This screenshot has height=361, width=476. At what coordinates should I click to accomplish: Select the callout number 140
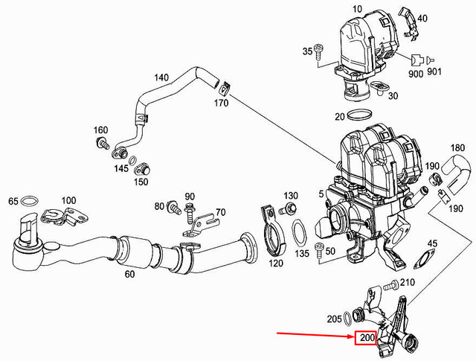tap(161, 77)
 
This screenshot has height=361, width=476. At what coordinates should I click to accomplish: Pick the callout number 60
tap(129, 274)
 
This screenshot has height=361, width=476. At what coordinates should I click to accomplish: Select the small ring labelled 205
tap(350, 319)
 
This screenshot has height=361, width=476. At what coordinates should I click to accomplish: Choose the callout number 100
tap(68, 201)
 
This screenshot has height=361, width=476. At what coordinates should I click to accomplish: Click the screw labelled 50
tap(320, 249)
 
